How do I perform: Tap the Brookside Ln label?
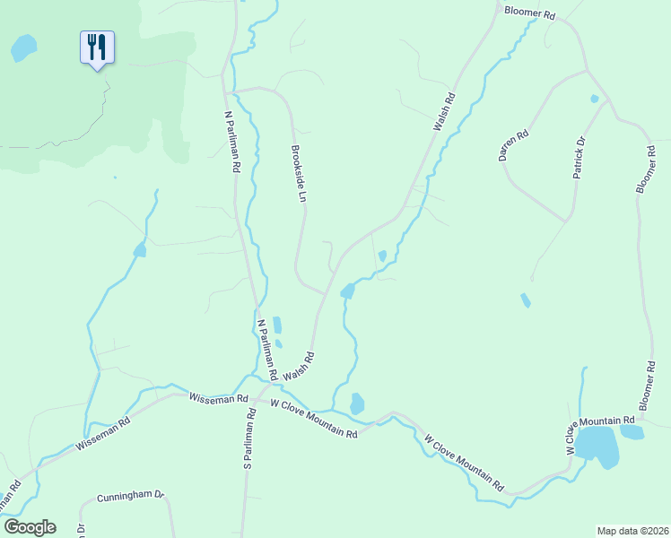tap(302, 174)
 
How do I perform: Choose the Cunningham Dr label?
tap(131, 495)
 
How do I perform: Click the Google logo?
tap(30, 527)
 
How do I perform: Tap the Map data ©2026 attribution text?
tap(632, 530)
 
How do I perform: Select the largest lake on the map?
tap(597, 446)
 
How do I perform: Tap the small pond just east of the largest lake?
tap(632, 432)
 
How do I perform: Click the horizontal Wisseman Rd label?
tap(218, 397)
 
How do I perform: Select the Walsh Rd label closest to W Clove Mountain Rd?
tap(298, 365)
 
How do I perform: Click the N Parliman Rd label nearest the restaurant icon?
tap(232, 142)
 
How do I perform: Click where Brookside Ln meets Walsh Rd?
tap(325, 292)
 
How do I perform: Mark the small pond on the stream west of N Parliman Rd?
tap(139, 251)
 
